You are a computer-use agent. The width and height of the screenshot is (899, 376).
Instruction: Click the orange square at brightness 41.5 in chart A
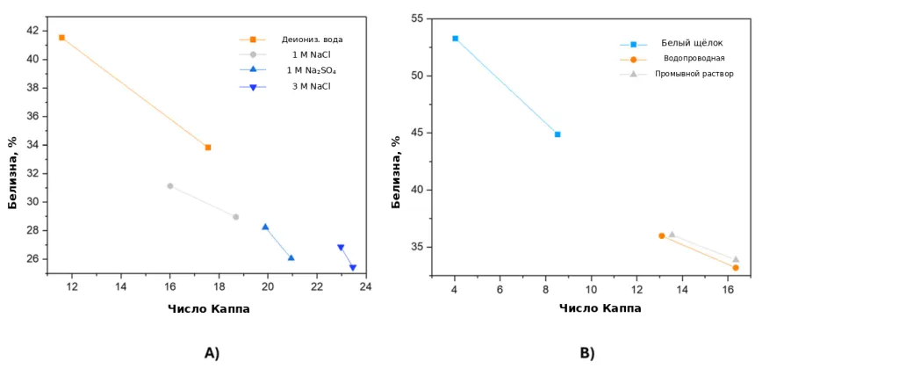coord(62,37)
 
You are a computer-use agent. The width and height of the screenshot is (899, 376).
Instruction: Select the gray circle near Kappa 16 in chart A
coord(169,186)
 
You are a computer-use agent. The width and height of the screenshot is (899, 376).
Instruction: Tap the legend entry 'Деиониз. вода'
coord(312,40)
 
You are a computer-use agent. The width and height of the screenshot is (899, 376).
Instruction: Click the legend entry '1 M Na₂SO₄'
coord(312,70)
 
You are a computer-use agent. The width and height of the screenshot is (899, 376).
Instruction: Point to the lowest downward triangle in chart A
coord(353,268)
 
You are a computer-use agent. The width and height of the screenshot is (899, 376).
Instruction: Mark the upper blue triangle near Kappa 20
coord(265,227)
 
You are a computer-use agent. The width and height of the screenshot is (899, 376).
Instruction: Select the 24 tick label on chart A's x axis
coord(365,286)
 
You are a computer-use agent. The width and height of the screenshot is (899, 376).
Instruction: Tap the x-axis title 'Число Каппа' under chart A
coord(209,309)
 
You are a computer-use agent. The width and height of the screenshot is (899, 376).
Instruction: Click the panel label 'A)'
coord(212,353)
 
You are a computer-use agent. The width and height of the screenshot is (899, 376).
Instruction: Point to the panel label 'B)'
coord(587,353)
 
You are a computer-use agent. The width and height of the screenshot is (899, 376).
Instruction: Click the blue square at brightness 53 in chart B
coord(456,39)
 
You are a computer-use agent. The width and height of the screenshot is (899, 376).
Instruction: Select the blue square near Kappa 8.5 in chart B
coord(557,134)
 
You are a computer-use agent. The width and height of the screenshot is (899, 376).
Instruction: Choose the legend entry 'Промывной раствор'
coord(694,74)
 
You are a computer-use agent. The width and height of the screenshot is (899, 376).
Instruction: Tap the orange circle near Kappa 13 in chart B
coord(662,236)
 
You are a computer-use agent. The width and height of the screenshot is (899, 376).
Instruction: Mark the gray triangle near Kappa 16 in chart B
coord(736,259)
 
